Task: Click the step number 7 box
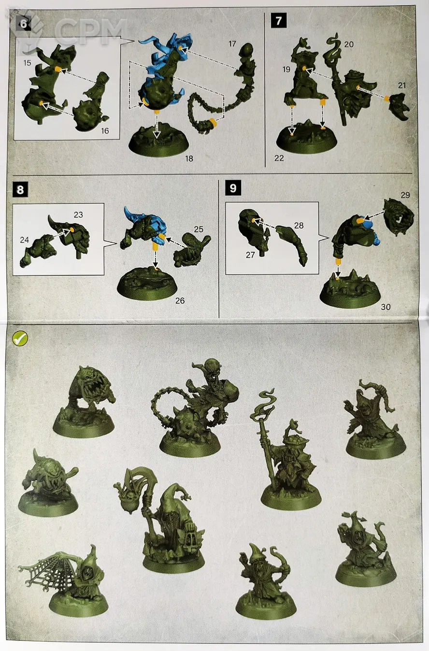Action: pyautogui.click(x=279, y=21)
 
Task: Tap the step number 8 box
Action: pyautogui.click(x=20, y=189)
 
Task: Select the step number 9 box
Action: pyautogui.click(x=233, y=188)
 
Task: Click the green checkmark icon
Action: pyautogui.click(x=20, y=338)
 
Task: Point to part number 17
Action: pyautogui.click(x=232, y=44)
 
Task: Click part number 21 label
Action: pyautogui.click(x=401, y=86)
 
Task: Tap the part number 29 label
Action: pyautogui.click(x=405, y=195)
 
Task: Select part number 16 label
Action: pyautogui.click(x=105, y=131)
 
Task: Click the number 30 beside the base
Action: pyautogui.click(x=386, y=307)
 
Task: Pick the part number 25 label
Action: pyautogui.click(x=199, y=229)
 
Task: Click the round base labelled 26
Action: pyautogui.click(x=147, y=284)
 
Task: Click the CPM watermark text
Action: pyautogui.click(x=90, y=31)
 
